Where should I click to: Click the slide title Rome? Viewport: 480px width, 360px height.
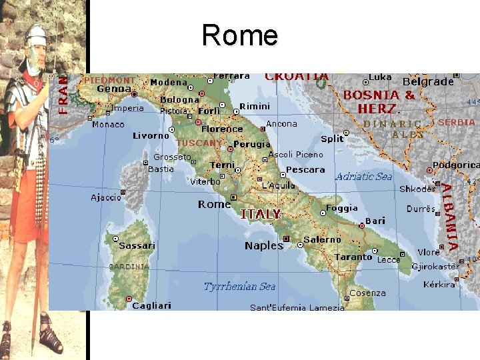click(x=239, y=35)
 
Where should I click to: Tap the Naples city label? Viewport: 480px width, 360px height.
click(x=264, y=245)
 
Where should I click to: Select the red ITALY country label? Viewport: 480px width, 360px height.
click(x=260, y=214)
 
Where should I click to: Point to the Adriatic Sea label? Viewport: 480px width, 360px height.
click(x=363, y=177)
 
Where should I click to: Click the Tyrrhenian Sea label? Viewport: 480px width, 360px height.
click(x=239, y=287)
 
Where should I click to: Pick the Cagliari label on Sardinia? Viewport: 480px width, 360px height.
click(x=151, y=305)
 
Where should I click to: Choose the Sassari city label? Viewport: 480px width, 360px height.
click(x=137, y=245)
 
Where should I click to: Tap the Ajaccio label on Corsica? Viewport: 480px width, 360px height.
click(x=106, y=197)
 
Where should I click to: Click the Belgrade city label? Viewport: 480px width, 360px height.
click(x=427, y=81)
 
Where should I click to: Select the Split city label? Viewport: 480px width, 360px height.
click(x=332, y=139)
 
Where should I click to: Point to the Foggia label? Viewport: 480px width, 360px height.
click(x=342, y=208)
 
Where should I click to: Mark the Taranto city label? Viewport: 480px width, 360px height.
click(x=353, y=257)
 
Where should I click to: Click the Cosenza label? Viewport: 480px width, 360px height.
click(x=367, y=293)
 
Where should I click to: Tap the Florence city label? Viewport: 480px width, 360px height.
click(x=222, y=129)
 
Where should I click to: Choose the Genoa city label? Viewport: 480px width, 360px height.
click(x=113, y=89)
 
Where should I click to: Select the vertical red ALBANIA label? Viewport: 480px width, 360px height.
click(x=451, y=217)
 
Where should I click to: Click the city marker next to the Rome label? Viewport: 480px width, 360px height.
click(x=233, y=197)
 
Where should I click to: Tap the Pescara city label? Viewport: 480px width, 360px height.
click(x=305, y=170)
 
